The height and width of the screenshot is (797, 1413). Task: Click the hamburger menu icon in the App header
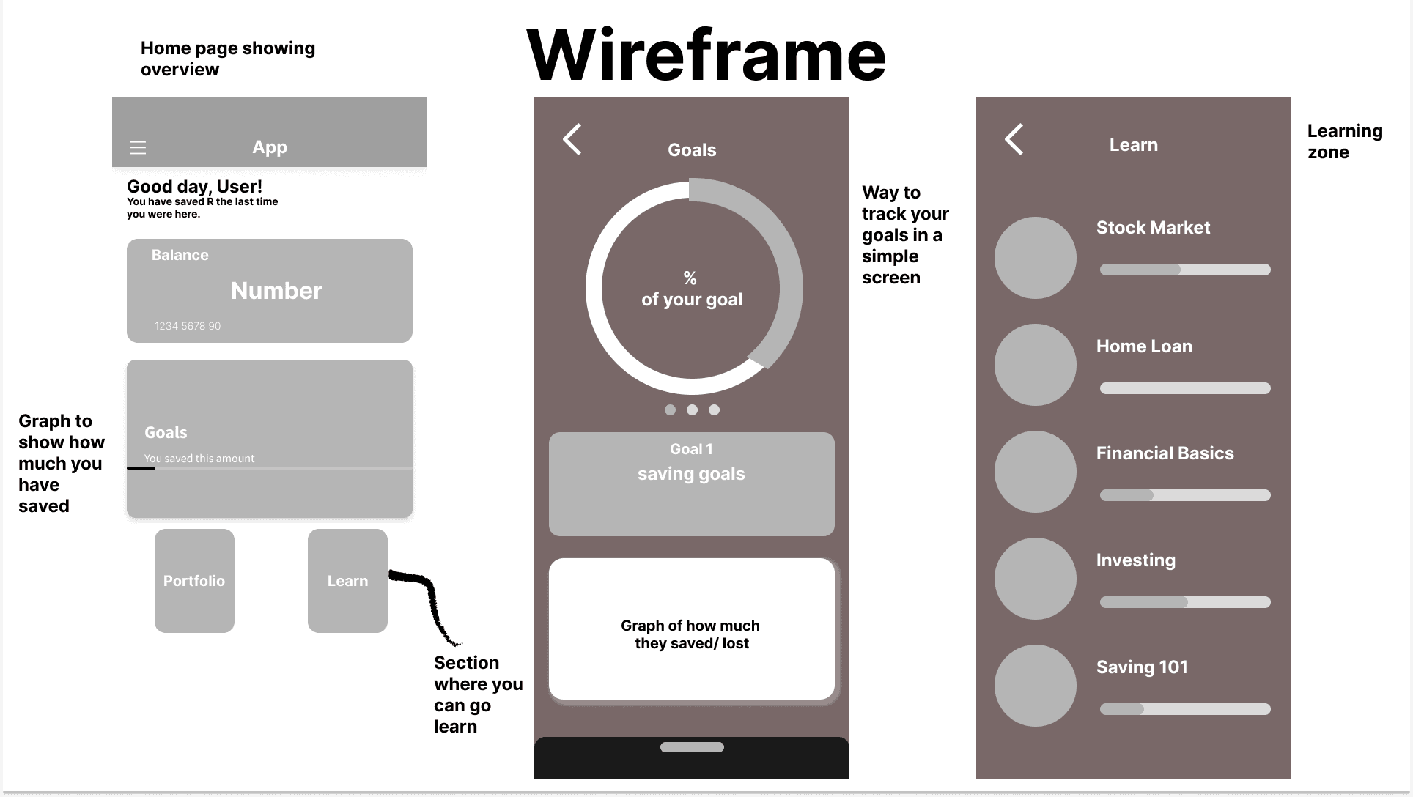click(x=138, y=148)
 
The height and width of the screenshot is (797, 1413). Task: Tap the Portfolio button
click(x=194, y=581)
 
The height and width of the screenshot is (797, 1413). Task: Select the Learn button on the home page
click(x=347, y=581)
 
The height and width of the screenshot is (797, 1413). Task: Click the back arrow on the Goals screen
click(x=572, y=139)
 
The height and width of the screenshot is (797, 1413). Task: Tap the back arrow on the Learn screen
click(x=1014, y=139)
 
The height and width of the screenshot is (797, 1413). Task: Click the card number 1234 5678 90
click(x=188, y=326)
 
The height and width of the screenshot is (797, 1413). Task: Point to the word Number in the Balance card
click(x=276, y=291)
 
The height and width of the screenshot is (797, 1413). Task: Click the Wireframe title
click(x=706, y=56)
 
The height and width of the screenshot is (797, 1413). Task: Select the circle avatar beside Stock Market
click(x=1035, y=258)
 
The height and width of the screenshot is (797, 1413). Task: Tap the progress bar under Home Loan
click(x=1185, y=388)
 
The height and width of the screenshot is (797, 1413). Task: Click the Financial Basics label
click(x=1165, y=453)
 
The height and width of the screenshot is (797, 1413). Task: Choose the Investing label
click(x=1135, y=560)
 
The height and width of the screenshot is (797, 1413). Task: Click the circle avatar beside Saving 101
click(x=1035, y=686)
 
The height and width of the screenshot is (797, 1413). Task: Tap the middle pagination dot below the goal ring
click(x=692, y=410)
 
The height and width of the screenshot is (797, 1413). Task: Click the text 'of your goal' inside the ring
click(x=692, y=300)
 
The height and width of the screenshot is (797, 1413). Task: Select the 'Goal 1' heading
click(x=691, y=449)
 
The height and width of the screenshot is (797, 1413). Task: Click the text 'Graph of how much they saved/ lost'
click(x=691, y=634)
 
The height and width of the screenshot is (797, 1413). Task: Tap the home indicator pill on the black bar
click(x=692, y=747)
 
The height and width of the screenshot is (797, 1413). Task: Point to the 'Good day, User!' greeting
click(x=194, y=187)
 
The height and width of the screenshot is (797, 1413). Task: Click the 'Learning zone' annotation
click(x=1344, y=141)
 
